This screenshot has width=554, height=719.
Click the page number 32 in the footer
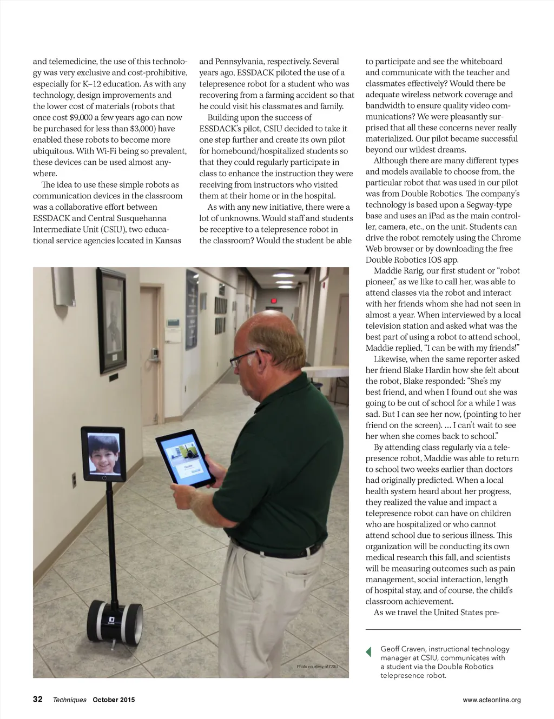[38, 699]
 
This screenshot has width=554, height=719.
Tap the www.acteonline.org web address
[491, 700]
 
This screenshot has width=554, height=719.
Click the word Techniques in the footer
[69, 700]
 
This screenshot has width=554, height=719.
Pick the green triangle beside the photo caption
[368, 651]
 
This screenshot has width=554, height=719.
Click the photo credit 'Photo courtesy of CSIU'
[317, 667]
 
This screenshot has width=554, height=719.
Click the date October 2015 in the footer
[114, 700]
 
